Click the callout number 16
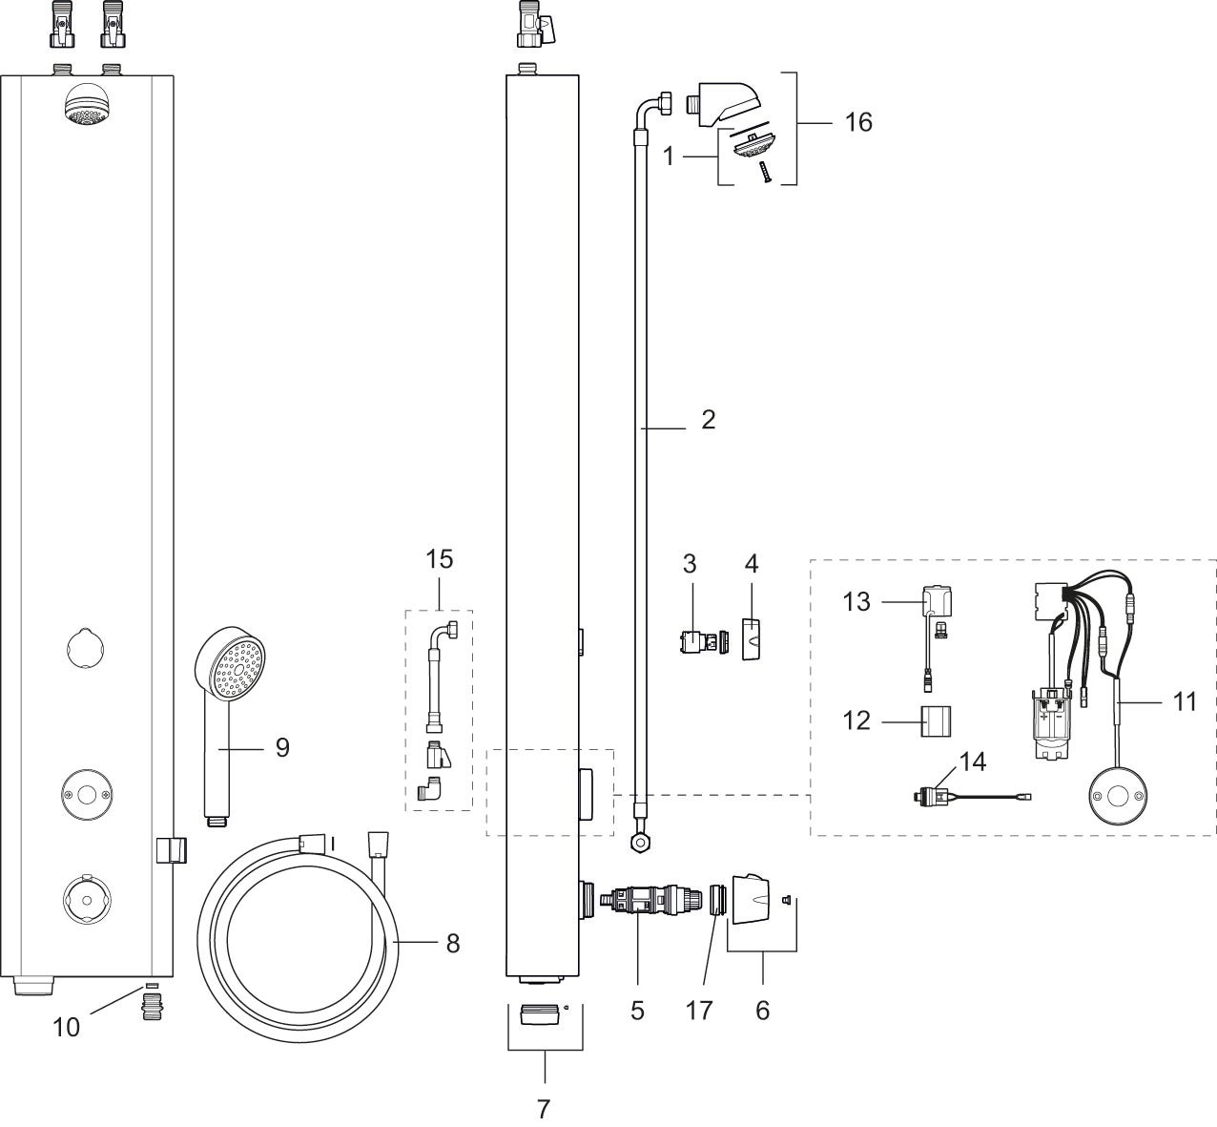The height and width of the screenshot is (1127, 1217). coord(857,122)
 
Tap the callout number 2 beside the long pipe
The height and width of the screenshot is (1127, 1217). coord(708,420)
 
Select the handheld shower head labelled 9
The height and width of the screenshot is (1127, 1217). coord(230,727)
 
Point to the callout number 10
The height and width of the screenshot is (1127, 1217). coord(66,1027)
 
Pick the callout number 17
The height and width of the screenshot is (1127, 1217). coord(698,1011)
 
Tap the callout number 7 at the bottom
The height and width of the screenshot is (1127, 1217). coord(544,1108)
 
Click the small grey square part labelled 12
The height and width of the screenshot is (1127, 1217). coord(936,721)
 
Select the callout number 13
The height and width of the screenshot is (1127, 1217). coord(856,601)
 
